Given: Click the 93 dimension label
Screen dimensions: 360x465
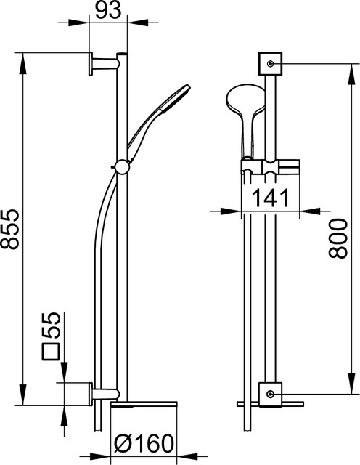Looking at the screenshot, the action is (x=109, y=11).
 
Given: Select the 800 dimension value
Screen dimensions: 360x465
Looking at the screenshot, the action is (x=337, y=239).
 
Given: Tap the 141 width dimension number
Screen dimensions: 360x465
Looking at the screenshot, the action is (x=271, y=198).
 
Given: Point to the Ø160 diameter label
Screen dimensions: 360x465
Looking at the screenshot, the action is (x=144, y=444).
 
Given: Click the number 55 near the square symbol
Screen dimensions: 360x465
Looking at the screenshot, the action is (x=52, y=325).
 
